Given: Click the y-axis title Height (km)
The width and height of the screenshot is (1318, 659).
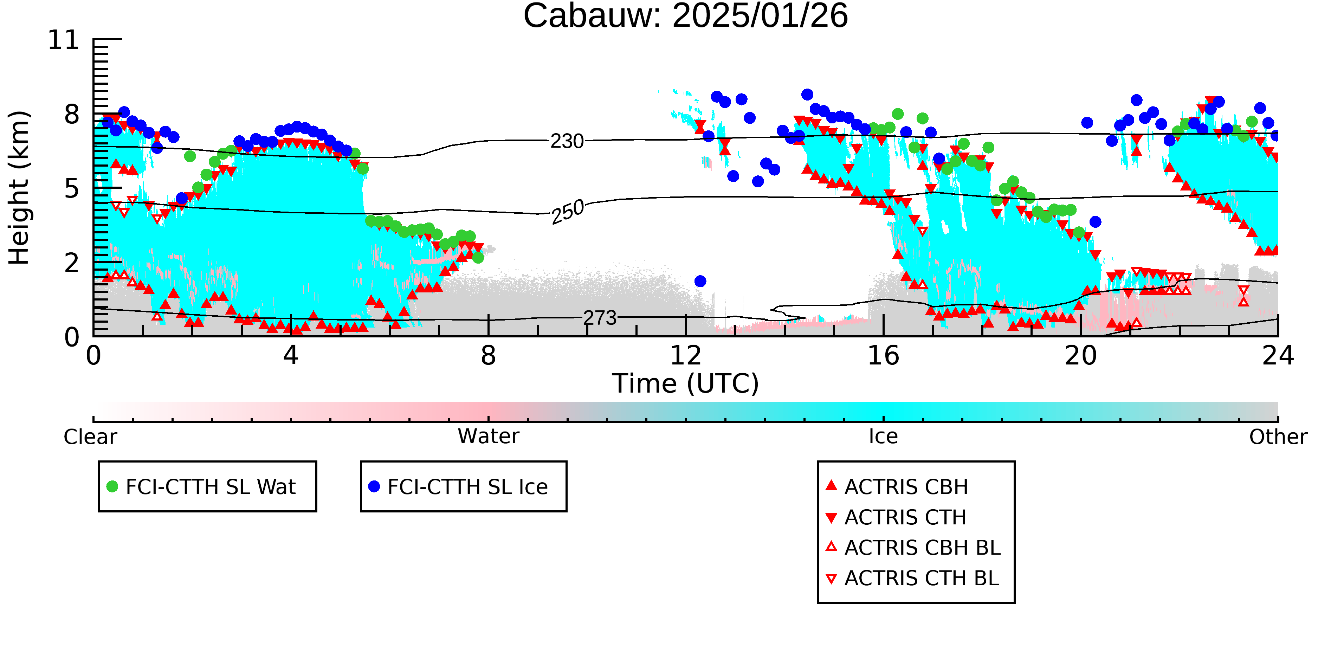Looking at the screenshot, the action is tap(19, 188).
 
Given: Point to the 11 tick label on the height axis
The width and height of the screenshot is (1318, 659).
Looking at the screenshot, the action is tap(64, 40).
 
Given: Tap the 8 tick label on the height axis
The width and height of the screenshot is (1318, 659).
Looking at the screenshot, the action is tap(72, 114).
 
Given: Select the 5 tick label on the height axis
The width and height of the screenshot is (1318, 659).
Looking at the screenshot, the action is tap(72, 189).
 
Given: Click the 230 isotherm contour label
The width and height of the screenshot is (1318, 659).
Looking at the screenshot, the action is tap(567, 141).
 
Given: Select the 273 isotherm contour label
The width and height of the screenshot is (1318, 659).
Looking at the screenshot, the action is tap(600, 318).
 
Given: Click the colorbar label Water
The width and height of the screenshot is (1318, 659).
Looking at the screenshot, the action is tap(489, 437).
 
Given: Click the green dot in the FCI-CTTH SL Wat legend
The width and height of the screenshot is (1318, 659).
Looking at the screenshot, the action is tap(112, 486).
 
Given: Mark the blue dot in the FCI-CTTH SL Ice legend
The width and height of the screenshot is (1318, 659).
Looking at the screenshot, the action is tap(374, 486).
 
